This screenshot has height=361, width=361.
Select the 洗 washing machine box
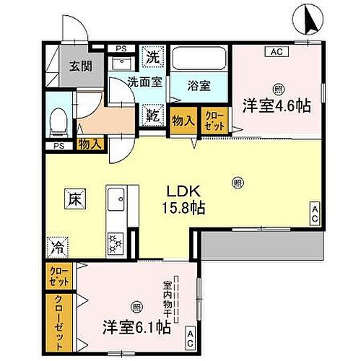click(153, 56)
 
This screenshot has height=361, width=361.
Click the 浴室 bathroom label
click(199, 85)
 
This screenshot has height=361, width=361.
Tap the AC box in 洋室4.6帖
click(277, 52)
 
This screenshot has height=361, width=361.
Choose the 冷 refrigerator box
click(57, 248)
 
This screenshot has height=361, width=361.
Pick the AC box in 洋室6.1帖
click(191, 334)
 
